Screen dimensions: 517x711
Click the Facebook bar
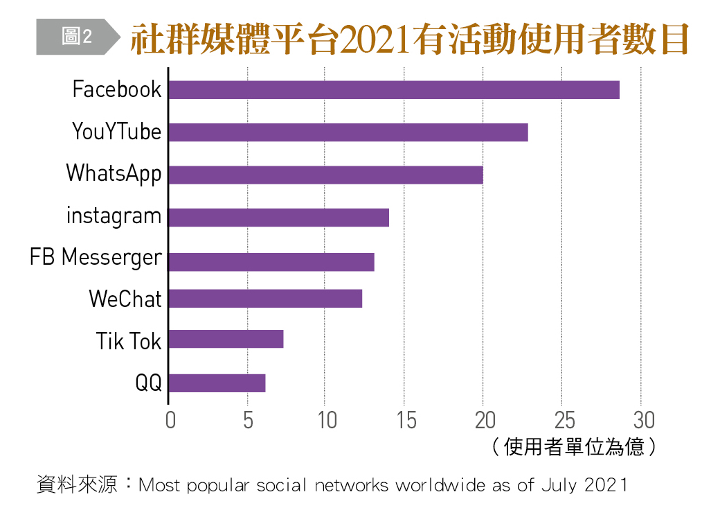point(394,90)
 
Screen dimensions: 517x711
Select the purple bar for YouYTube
point(348,132)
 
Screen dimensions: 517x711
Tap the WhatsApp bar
point(325,175)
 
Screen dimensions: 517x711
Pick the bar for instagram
point(278,218)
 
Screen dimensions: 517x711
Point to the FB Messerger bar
point(271,262)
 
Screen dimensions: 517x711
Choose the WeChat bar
point(265,299)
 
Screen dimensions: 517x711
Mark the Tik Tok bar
point(226,339)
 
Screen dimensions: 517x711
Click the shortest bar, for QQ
point(217,383)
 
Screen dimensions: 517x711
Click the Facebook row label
point(116,89)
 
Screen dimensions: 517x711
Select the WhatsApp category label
point(114,173)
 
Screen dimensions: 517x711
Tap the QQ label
point(148,383)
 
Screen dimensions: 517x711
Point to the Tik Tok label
point(128,341)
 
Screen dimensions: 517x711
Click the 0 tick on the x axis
point(170,421)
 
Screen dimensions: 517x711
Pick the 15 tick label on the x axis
point(406,421)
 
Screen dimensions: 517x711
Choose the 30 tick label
point(643,421)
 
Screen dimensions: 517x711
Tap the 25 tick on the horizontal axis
point(564,421)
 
